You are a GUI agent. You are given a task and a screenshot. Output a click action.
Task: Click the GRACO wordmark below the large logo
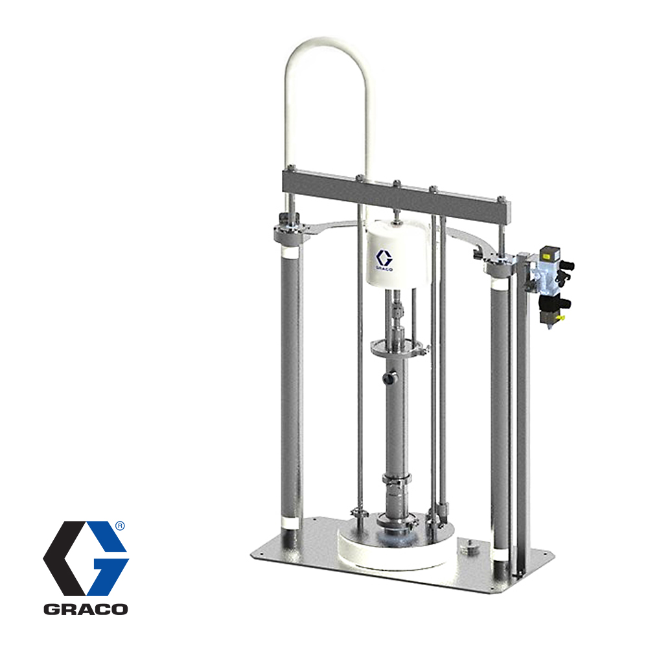pos(86,609)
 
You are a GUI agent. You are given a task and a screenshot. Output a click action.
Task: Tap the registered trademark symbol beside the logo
pos(119,526)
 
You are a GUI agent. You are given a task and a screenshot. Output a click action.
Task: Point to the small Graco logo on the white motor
pos(384,260)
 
